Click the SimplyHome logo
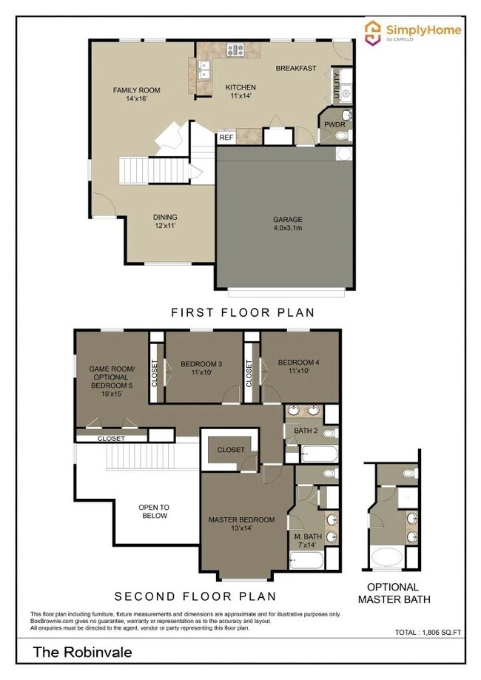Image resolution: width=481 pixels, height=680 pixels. coord(414,31)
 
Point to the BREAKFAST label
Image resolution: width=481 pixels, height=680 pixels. coord(296,68)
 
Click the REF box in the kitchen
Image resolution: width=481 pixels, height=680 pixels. coord(226,137)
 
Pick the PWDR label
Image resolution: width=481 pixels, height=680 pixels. coord(329,125)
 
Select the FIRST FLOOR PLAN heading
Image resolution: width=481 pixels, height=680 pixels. coord(242,313)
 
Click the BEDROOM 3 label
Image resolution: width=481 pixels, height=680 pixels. coord(201,368)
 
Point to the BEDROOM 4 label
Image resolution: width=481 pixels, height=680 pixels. coord(298,367)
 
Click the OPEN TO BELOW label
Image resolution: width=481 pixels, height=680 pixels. coord(154,511)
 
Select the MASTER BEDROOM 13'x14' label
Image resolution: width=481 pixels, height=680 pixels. coord(241,524)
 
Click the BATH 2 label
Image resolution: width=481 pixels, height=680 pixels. coord(305,430)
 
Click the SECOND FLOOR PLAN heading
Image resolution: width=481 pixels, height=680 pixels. coord(195,596)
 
